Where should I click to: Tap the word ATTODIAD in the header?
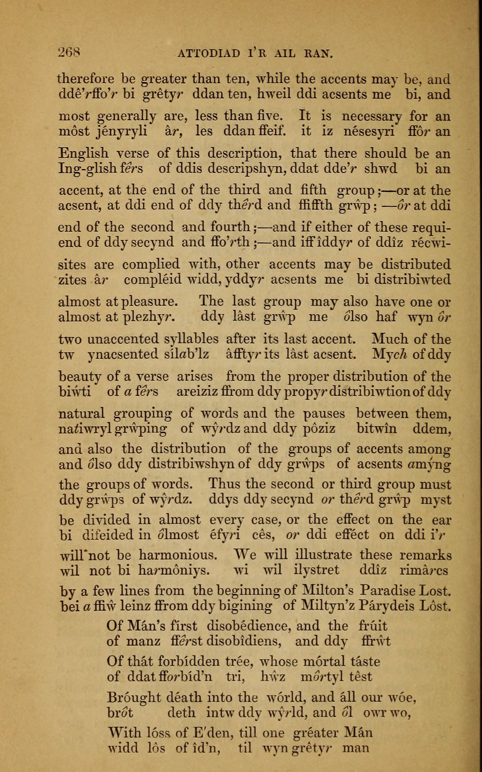tap(208, 53)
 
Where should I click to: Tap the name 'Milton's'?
tap(328, 592)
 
